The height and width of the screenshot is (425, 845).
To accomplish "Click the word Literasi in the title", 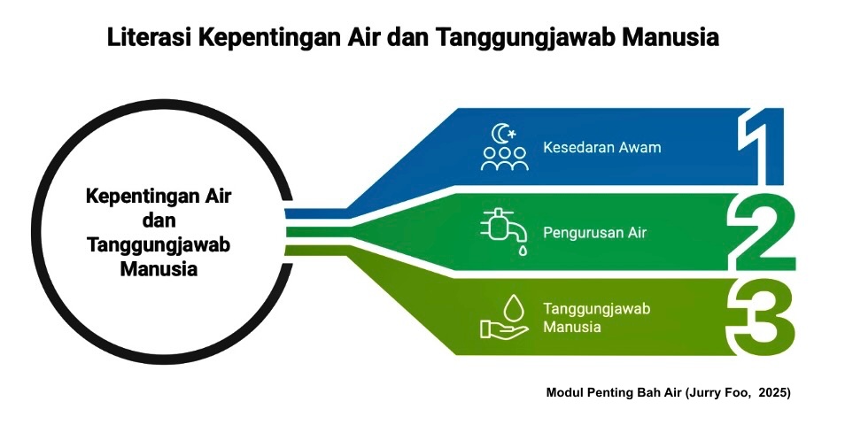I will tap(147, 39).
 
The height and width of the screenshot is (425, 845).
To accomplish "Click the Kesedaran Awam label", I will tap(601, 147).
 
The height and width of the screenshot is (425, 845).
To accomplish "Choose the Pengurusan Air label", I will tap(594, 233).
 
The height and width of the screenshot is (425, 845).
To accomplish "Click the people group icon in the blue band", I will tap(504, 159).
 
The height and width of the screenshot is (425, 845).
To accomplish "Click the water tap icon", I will tap(500, 226).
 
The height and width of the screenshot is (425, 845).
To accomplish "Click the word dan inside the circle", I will tap(159, 220).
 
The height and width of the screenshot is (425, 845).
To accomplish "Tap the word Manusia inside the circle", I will tap(159, 268).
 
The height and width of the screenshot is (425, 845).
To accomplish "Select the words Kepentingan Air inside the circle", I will tap(159, 197).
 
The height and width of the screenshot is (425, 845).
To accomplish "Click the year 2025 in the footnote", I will tap(775, 391).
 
